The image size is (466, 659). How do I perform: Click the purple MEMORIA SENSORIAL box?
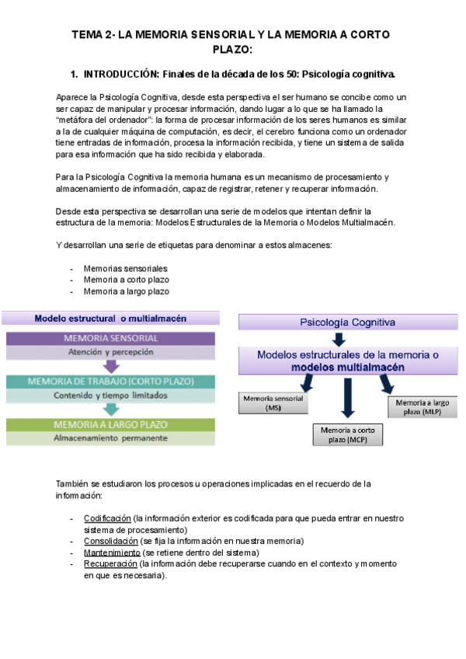click(111, 338)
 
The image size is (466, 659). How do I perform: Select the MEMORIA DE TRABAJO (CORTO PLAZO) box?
click(111, 382)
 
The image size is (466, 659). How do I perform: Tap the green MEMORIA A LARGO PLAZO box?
click(111, 425)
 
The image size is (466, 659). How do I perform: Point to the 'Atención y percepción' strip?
click(111, 352)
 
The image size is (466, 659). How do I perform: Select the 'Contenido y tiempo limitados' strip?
click(111, 396)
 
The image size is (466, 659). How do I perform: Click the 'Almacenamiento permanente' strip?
click(111, 438)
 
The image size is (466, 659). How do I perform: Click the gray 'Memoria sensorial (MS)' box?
click(273, 403)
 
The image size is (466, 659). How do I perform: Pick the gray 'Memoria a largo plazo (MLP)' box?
click(420, 406)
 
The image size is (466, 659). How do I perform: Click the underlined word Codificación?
click(106, 518)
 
